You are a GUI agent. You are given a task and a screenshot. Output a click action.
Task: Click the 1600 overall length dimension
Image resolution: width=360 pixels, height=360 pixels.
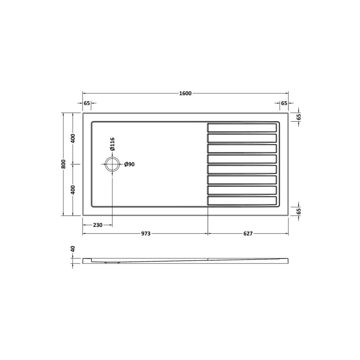pyautogui.click(x=186, y=94)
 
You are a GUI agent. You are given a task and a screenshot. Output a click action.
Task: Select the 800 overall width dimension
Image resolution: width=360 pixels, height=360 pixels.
pyautogui.click(x=63, y=164)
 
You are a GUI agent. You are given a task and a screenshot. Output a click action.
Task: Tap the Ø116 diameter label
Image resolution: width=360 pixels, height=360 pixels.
pyautogui.click(x=113, y=144)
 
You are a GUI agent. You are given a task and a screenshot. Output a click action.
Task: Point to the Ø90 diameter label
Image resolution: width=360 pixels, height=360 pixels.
pyautogui.click(x=129, y=164)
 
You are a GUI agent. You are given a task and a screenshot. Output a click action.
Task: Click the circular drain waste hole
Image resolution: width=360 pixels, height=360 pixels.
pyautogui.click(x=112, y=164)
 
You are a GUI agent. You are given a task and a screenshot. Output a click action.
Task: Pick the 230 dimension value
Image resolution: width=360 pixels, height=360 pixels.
pyautogui.click(x=97, y=225)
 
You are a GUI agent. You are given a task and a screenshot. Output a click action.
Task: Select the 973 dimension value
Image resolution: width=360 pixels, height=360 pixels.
pyautogui.click(x=145, y=234)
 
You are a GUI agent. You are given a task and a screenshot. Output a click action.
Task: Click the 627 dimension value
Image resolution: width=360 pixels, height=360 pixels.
pyautogui.click(x=248, y=234)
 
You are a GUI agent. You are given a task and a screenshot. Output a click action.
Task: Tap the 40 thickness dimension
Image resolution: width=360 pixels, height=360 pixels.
pyautogui.click(x=73, y=249)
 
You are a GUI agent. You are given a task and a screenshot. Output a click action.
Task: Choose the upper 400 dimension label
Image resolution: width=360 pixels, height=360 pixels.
pyautogui.click(x=73, y=138)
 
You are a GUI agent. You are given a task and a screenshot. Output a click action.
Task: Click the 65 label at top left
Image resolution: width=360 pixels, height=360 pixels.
pyautogui.click(x=87, y=103)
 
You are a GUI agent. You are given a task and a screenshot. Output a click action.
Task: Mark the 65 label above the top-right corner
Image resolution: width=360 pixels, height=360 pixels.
pyautogui.click(x=284, y=103)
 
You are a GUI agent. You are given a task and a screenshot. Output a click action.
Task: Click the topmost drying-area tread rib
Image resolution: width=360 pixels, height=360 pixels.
pyautogui.click(x=242, y=128)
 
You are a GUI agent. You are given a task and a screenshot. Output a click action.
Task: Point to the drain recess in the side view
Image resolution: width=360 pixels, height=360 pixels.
pyautogui.click(x=112, y=262)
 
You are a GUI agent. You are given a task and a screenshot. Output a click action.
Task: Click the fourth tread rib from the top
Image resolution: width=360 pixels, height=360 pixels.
pyautogui.click(x=242, y=159)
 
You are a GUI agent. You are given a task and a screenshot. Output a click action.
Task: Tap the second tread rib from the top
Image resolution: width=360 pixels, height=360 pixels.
pyautogui.click(x=242, y=138)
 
